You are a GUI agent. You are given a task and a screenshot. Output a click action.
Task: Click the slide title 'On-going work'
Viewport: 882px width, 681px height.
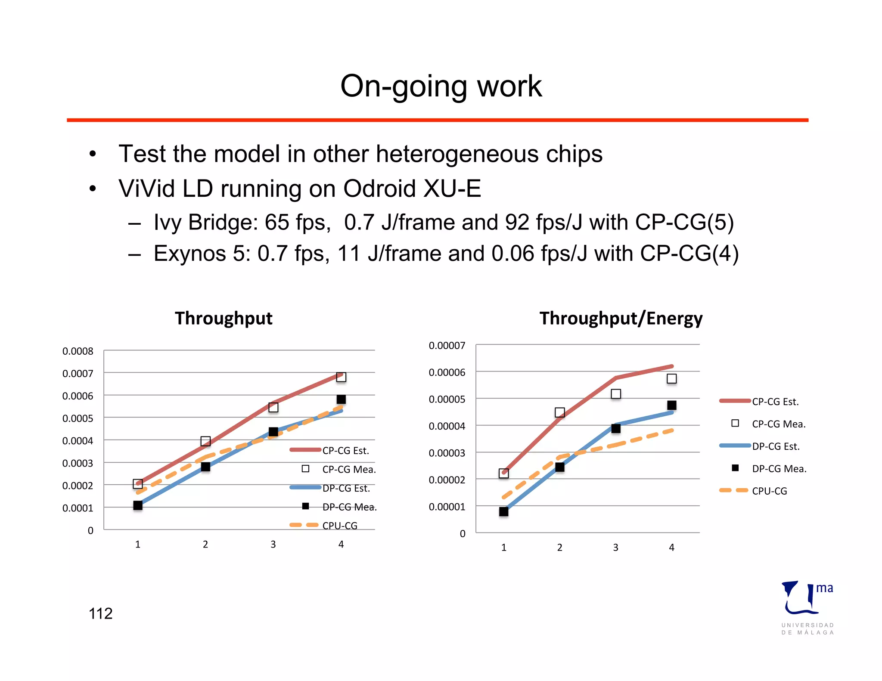(441, 86)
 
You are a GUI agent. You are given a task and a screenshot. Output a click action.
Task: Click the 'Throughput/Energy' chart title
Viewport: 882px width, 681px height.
(621, 319)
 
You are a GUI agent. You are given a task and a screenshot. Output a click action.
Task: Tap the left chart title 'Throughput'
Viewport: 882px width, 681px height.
(224, 319)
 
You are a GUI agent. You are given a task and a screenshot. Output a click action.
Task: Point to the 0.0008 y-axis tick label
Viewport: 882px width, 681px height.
(78, 351)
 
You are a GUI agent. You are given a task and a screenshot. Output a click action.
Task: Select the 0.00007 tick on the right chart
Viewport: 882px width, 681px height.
(447, 346)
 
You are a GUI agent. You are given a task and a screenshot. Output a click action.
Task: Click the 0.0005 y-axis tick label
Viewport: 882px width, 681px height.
(78, 418)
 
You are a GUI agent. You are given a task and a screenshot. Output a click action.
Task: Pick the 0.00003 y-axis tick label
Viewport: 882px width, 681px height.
(447, 453)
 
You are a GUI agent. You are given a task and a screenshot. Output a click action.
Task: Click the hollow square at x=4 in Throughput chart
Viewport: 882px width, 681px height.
(341, 377)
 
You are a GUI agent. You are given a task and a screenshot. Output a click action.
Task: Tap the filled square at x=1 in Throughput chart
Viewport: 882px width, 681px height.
(138, 505)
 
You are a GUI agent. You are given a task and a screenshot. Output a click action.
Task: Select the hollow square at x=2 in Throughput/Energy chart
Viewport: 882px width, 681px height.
(559, 412)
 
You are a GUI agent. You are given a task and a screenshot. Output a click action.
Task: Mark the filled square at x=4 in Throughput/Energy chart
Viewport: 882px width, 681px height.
(671, 406)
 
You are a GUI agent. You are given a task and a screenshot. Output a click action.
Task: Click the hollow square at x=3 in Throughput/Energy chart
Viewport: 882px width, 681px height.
(616, 394)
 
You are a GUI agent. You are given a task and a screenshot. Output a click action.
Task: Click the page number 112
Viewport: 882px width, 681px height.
(100, 613)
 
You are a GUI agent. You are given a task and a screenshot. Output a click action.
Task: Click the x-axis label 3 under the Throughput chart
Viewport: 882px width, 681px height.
(273, 545)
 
